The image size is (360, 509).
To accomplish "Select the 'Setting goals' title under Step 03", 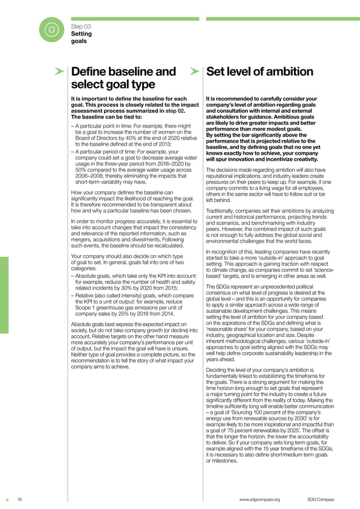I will [x=81, y=37].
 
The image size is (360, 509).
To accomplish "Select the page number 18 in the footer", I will [x=19, y=499].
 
